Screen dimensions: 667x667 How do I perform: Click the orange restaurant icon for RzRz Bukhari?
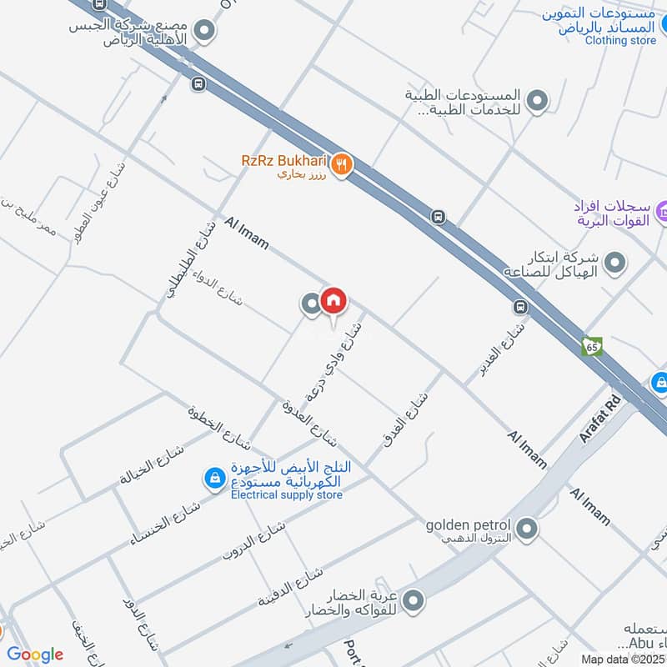[340, 166]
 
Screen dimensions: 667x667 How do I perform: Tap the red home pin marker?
[333, 301]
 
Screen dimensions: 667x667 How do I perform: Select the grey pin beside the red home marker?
[312, 304]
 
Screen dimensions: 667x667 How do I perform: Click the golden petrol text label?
[468, 525]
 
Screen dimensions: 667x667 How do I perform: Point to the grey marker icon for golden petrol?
[527, 528]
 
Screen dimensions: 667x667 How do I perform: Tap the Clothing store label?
[620, 40]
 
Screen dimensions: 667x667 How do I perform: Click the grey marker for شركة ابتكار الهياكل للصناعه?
[615, 263]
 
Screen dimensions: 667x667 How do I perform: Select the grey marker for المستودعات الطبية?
[539, 102]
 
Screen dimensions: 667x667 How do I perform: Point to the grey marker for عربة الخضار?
[413, 599]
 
